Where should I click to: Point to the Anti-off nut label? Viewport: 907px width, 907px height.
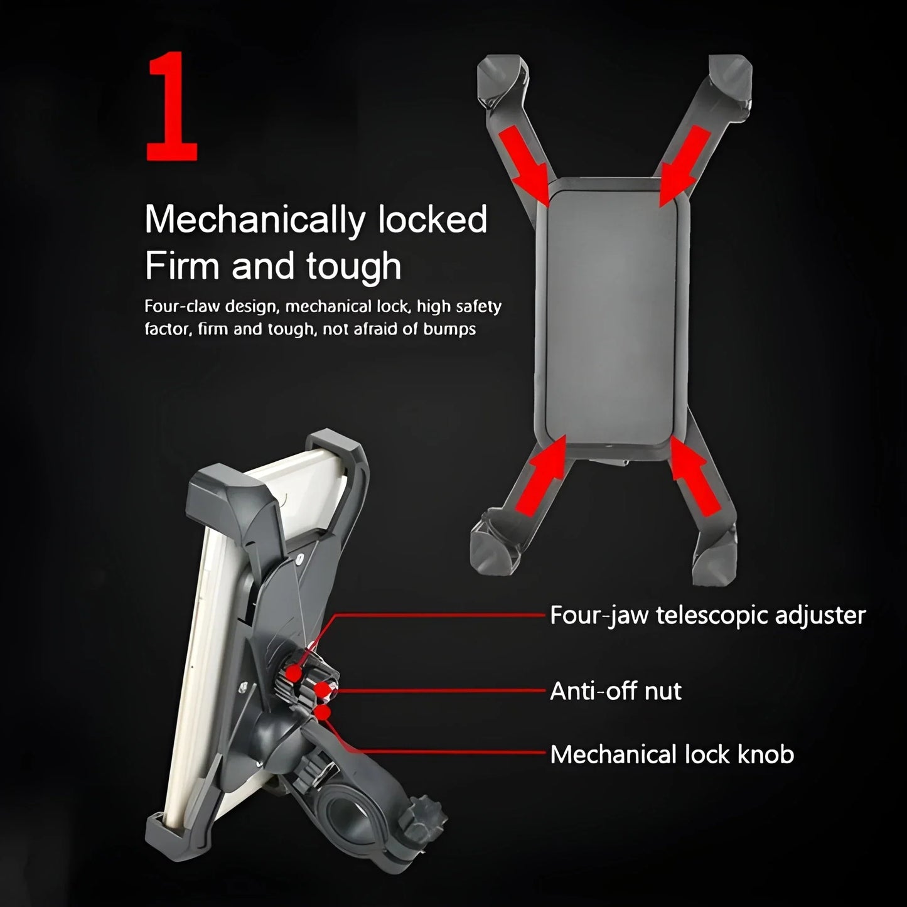[x=616, y=691]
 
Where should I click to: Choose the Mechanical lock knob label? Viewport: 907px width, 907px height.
[x=672, y=754]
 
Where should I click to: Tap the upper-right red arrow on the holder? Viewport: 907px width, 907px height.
[x=685, y=164]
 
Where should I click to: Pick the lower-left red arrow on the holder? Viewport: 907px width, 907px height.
[x=541, y=475]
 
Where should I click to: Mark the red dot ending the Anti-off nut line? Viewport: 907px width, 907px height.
[x=323, y=690]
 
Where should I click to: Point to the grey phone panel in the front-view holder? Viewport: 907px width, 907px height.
[x=611, y=318]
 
